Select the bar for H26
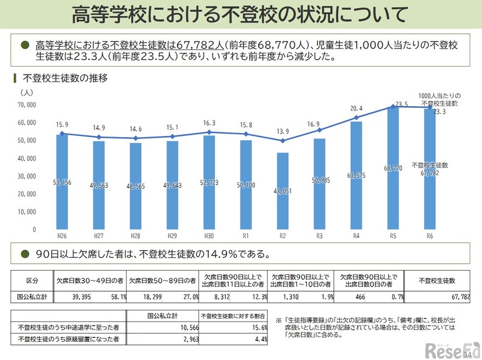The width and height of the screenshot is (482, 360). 62,181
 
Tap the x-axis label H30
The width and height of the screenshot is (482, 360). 209,235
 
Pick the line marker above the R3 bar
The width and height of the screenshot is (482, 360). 319,130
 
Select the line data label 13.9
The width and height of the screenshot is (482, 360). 283,132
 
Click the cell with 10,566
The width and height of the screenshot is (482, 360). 179,327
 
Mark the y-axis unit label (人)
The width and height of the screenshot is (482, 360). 27,92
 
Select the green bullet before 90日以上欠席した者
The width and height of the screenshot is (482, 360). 25,254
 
